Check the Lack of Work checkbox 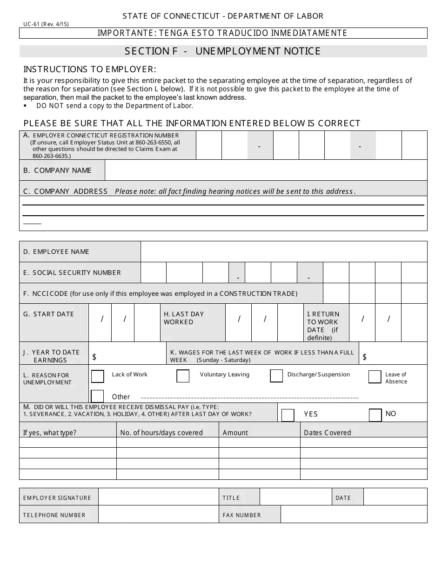tap(98, 376)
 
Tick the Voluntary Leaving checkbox tap(183, 376)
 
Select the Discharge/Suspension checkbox tap(276, 376)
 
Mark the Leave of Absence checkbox tap(375, 377)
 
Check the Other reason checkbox tap(98, 396)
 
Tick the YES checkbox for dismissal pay tap(288, 415)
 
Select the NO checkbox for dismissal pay tap(375, 415)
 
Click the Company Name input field tap(266, 171)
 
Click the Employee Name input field tap(283, 252)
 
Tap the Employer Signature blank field tap(158, 498)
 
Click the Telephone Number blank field tap(158, 515)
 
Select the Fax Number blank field tap(354, 515)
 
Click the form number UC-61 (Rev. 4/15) tap(46, 24)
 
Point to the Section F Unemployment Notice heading tap(223, 51)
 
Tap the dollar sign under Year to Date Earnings tap(94, 357)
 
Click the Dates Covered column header tap(327, 433)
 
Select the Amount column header tap(235, 433)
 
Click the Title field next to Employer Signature tap(295, 498)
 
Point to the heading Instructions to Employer tap(90, 69)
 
